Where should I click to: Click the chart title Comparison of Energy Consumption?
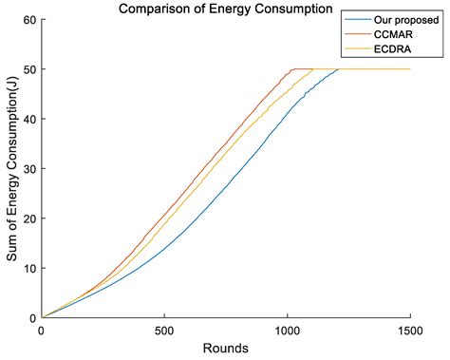click(226, 9)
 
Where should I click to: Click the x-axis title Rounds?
click(226, 349)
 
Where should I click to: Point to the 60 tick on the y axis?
click(30, 19)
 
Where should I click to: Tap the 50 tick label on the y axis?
click(30, 69)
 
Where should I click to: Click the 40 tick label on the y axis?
click(30, 119)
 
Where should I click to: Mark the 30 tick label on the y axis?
click(30, 168)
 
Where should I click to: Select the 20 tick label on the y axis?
click(30, 218)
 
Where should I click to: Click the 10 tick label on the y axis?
click(30, 268)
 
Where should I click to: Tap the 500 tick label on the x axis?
click(164, 330)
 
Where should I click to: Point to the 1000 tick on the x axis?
click(287, 330)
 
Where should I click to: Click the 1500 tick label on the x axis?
click(409, 330)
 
